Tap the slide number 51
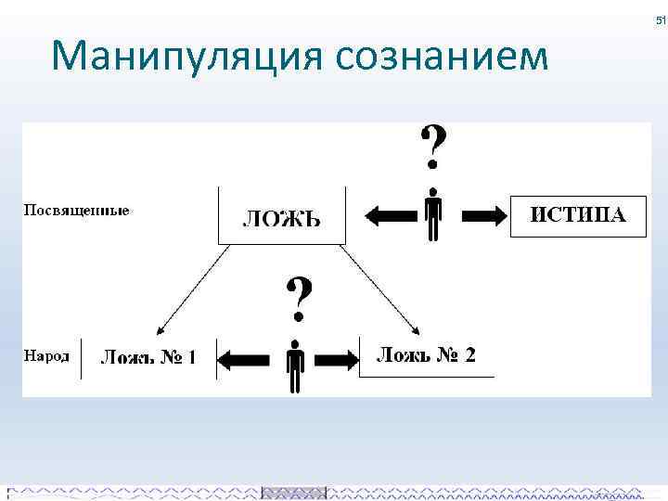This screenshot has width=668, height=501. [661, 20]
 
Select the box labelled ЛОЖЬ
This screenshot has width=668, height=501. [281, 216]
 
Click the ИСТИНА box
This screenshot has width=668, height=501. [578, 215]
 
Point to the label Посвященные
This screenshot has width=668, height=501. [76, 210]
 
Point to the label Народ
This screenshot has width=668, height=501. [46, 355]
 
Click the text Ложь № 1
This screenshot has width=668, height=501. [148, 356]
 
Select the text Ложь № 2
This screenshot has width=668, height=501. [426, 354]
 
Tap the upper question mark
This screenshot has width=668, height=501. [432, 147]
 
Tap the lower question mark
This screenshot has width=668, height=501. [297, 297]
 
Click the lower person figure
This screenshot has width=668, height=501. [296, 366]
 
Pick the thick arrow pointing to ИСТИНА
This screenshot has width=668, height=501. [483, 216]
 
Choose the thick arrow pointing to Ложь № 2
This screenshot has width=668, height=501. [338, 358]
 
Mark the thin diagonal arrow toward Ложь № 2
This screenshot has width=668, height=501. [381, 289]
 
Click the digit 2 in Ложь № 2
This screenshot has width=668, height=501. [469, 354]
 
